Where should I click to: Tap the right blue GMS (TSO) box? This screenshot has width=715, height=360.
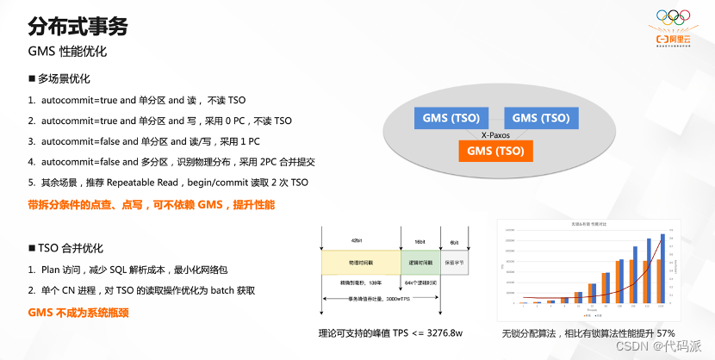(540, 118)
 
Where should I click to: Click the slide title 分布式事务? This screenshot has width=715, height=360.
(78, 26)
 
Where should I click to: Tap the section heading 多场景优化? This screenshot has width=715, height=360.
(64, 78)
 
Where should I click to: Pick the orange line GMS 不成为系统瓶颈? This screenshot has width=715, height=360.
(78, 313)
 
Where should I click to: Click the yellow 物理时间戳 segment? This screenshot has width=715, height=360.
(360, 261)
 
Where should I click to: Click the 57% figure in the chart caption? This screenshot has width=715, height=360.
(664, 332)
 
